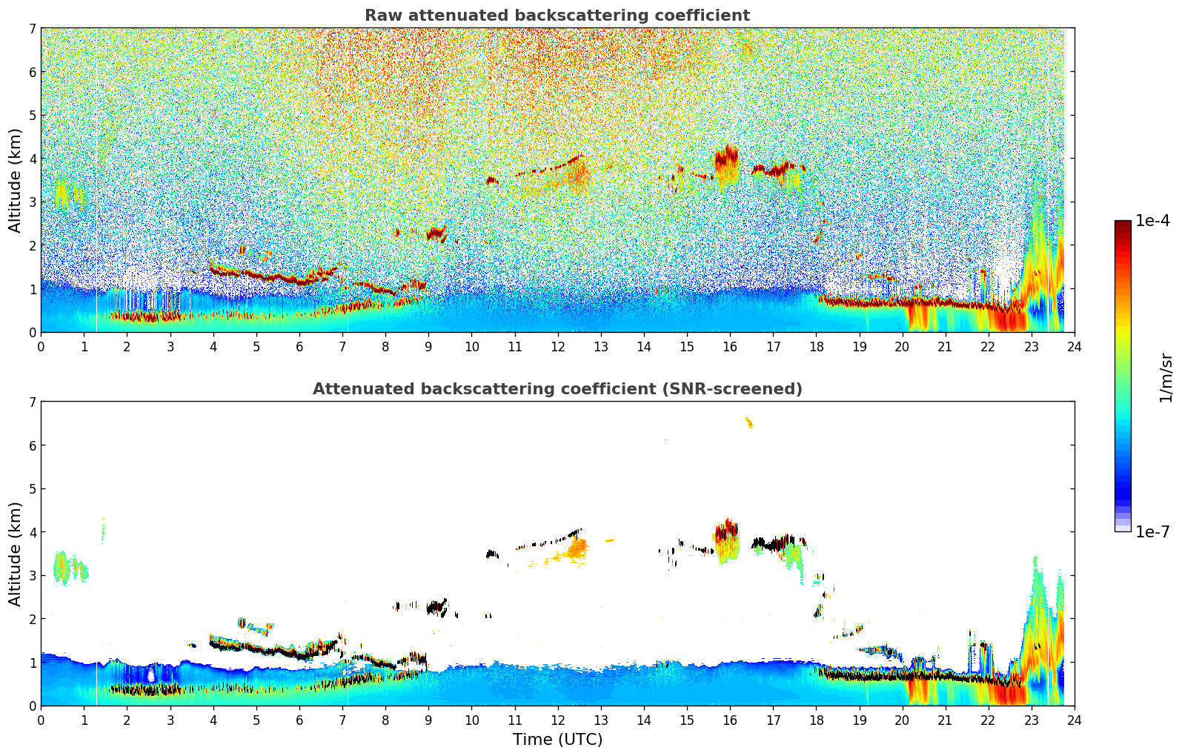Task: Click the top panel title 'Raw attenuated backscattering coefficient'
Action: tap(557, 16)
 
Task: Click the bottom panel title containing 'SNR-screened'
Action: tap(557, 389)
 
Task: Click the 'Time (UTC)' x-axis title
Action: tap(557, 739)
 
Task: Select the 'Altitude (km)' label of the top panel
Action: tap(15, 180)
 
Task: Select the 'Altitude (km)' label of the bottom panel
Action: tap(15, 554)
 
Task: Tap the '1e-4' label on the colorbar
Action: tap(1152, 221)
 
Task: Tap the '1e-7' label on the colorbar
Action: tap(1152, 531)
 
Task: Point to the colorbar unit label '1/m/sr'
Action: tap(1166, 377)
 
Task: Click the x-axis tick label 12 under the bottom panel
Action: tap(557, 720)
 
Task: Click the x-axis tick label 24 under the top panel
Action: tap(1074, 347)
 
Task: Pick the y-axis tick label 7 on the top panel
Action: tap(33, 29)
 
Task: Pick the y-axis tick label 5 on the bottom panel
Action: tap(33, 489)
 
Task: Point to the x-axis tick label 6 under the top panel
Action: tap(299, 347)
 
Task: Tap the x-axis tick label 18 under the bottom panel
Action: tap(816, 720)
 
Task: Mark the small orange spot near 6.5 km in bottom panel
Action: tap(748, 422)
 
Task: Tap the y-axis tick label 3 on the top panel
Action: tap(33, 202)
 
